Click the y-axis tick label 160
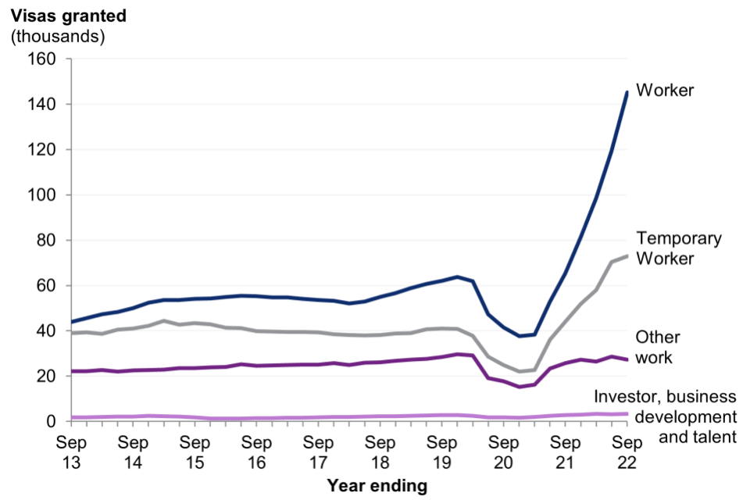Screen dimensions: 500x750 [x=44, y=59]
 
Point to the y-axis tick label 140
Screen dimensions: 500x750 [x=44, y=105]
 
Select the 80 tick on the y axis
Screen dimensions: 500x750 [x=48, y=241]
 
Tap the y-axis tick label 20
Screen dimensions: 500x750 [x=48, y=377]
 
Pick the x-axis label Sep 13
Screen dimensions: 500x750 [x=71, y=452]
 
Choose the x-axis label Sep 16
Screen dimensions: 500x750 [x=256, y=452]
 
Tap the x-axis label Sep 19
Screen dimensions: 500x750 [x=441, y=452]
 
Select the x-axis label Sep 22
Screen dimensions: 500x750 [x=626, y=452]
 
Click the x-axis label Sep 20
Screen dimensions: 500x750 [x=503, y=452]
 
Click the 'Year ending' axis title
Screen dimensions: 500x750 [x=377, y=486]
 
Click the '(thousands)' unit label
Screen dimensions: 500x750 [x=58, y=36]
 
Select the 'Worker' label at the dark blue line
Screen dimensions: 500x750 [x=665, y=91]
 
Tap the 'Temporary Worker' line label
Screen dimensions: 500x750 [x=678, y=248]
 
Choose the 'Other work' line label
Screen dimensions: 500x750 [x=658, y=348]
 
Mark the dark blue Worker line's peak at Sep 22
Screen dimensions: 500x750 [x=626, y=92]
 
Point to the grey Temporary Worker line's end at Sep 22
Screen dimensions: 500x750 [x=626, y=256]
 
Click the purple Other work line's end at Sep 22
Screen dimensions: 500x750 [x=626, y=359]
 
